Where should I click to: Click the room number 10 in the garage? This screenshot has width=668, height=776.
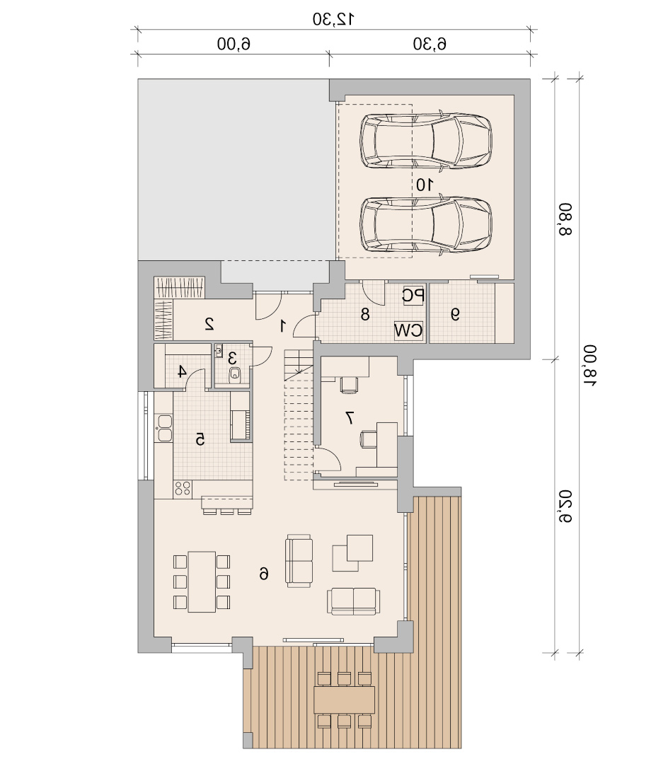(424, 185)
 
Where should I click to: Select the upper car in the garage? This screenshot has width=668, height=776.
(426, 141)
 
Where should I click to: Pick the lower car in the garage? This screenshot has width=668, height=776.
(426, 225)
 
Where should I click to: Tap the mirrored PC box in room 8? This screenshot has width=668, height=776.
(413, 296)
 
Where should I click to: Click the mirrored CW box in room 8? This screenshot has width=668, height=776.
(408, 330)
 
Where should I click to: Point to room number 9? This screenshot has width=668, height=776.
(455, 314)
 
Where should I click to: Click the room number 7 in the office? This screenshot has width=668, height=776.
(350, 418)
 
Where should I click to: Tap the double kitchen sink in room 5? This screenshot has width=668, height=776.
(164, 428)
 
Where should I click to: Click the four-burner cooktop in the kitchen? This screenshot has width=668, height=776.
(183, 489)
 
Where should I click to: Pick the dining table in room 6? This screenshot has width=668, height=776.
(202, 582)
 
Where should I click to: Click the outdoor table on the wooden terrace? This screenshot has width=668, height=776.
(344, 700)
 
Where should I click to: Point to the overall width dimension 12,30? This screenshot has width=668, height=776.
(333, 19)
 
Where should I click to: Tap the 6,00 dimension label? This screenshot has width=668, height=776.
(234, 44)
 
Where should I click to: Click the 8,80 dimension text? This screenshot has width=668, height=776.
(565, 219)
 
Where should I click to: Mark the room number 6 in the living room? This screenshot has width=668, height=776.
(264, 574)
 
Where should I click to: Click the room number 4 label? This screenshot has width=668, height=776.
(182, 371)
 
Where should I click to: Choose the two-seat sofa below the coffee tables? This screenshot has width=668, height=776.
(354, 601)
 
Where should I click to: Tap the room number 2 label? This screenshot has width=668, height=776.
(209, 324)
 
